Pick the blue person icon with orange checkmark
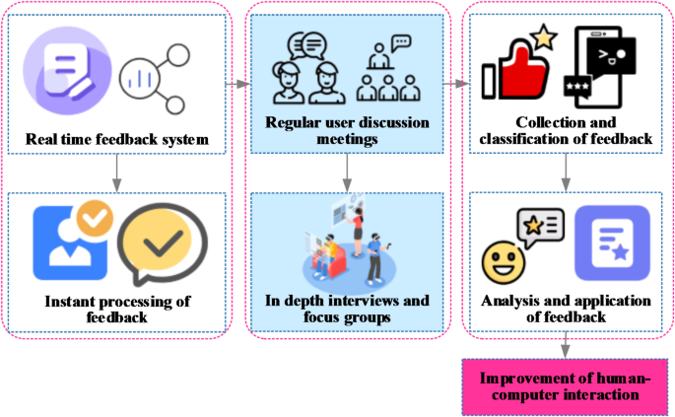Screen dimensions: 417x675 coord(75,241)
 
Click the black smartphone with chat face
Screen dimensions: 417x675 coord(599,67)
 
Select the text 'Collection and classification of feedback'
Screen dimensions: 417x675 coord(565,130)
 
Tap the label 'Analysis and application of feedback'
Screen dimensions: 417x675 coord(565,309)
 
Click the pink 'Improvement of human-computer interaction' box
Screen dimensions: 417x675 coord(566,386)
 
